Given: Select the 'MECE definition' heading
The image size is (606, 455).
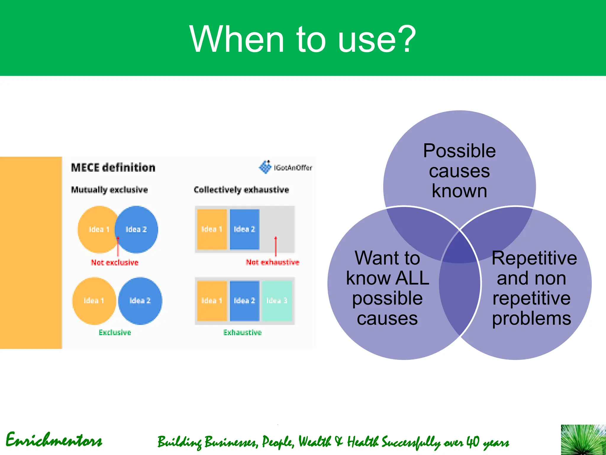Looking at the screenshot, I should [113, 168].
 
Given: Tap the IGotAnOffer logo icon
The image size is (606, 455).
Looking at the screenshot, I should [265, 167].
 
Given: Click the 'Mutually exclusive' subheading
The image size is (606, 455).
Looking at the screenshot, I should [109, 190].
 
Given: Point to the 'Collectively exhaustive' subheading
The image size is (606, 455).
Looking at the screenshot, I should [241, 190].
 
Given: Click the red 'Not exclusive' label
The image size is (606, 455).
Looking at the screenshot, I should [115, 262].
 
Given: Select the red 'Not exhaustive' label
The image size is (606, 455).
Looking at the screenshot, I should [273, 262].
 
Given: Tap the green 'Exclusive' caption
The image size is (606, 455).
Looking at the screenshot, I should [115, 332].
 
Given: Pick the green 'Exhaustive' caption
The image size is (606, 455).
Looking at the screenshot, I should [242, 332].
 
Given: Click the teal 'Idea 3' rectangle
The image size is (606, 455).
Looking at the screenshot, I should [277, 301].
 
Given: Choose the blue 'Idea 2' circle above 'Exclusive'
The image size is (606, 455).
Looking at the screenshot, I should [140, 301].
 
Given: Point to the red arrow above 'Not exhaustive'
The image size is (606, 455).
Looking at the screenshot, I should [276, 246].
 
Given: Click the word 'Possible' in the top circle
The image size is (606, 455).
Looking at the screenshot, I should [459, 151].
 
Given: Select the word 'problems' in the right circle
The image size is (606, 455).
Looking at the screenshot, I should [531, 318].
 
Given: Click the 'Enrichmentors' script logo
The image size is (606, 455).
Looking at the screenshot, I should [54, 440].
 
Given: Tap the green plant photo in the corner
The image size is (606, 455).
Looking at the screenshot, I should [583, 440].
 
